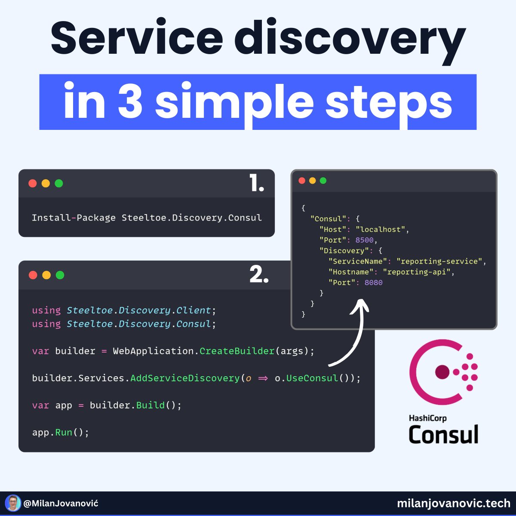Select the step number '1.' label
pos(256,184)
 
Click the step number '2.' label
pos(259,275)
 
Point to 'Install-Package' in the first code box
pos(74,218)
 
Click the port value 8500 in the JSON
pos(365,240)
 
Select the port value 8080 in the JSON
pos(373,283)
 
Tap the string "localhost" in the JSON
pos(381,229)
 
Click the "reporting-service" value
pos(440,261)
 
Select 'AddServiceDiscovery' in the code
pos(185,378)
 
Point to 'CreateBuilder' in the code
pos(237,351)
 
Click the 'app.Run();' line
pos(60,432)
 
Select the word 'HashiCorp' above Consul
pos(427,418)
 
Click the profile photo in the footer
pos(13,503)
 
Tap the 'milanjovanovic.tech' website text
pos(454,503)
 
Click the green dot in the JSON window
pos(323,181)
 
